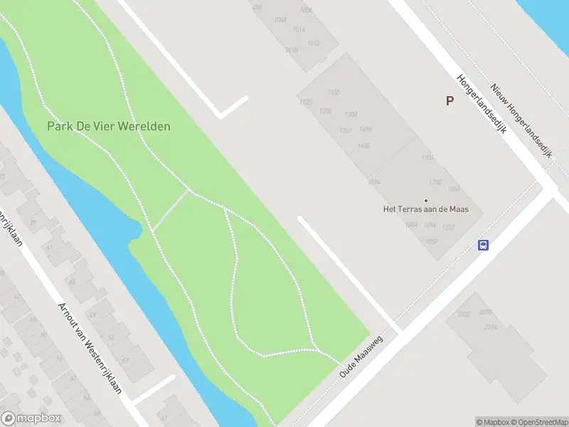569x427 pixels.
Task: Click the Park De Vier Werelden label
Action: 109,126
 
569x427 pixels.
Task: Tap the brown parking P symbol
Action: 450,101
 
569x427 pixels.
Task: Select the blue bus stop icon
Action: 484,246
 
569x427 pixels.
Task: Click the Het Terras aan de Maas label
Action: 431,209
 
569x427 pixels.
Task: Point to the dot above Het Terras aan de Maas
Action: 427,200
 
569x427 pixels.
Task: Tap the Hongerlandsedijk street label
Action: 480,107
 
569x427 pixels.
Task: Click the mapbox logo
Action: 31,418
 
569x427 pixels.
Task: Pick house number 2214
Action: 489,327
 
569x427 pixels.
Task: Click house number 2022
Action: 464,314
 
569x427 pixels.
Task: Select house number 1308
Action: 351,115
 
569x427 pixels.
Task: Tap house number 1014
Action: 298,30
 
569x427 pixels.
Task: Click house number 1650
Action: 411,242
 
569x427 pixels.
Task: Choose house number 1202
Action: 326,111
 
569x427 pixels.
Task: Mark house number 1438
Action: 364,147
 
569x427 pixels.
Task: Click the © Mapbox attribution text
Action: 492,422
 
